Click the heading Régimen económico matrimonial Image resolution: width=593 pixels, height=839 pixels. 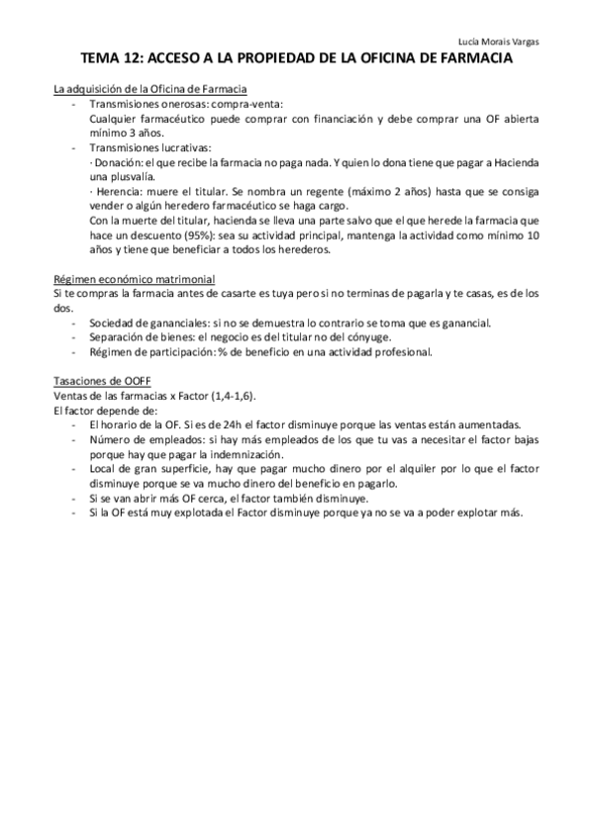[x=134, y=280]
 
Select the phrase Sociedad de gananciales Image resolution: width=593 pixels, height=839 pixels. [x=148, y=324]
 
